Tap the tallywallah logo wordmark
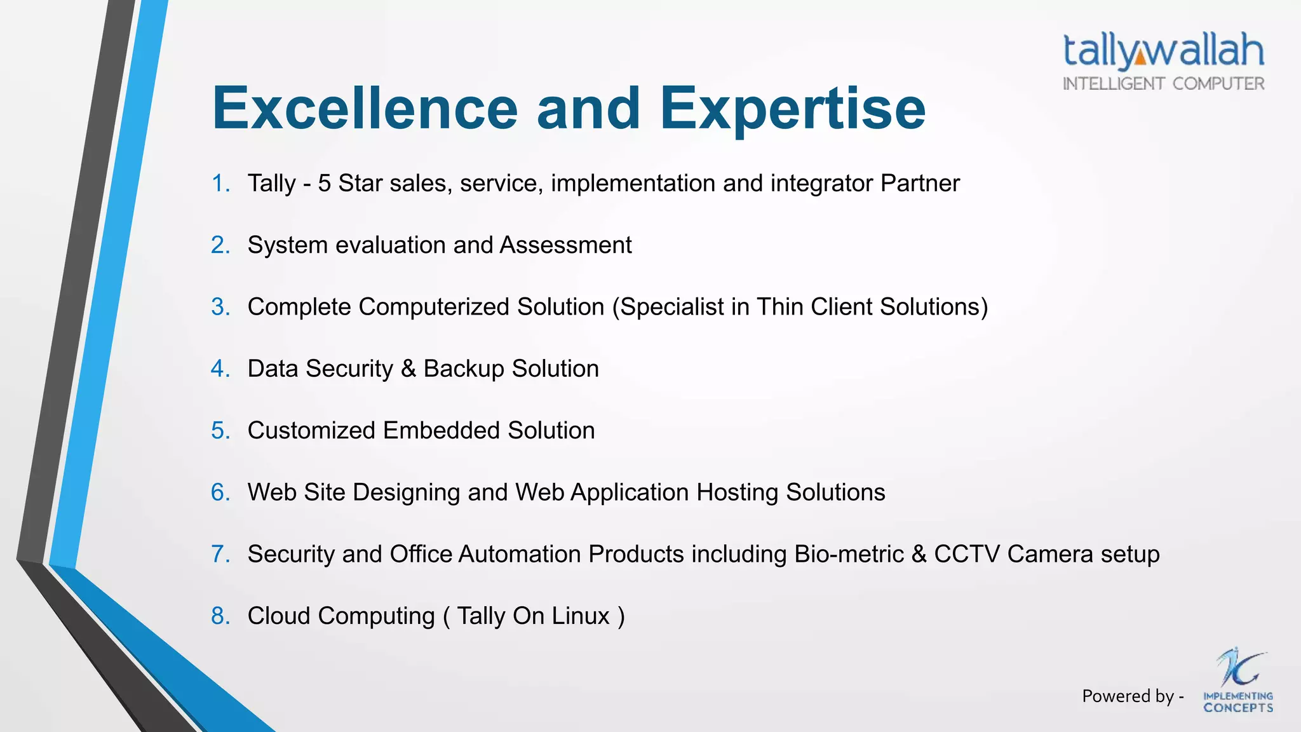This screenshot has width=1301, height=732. point(1163,51)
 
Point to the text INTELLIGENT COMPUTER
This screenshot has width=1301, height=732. point(1163,84)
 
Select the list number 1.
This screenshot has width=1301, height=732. point(220,184)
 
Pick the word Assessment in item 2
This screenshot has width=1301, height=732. point(565,245)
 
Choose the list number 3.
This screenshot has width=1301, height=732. point(220,307)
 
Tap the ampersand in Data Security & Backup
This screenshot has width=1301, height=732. point(408,369)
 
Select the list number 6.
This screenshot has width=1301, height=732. point(220,492)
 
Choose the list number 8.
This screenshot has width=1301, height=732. point(220,616)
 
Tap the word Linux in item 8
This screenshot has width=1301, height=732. point(580,616)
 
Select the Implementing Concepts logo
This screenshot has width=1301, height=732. point(1238,681)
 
